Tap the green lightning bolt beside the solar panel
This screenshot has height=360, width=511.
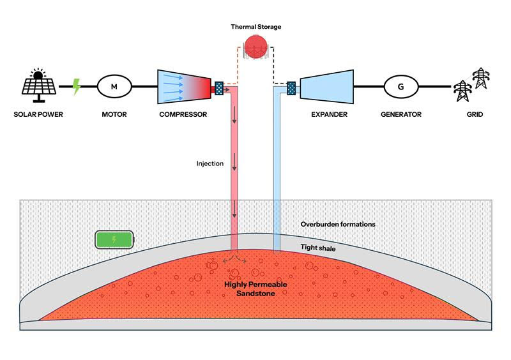click(77, 86)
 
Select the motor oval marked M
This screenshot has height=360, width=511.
click(115, 86)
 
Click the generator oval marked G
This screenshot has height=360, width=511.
click(401, 86)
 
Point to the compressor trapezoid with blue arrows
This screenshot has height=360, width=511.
click(183, 86)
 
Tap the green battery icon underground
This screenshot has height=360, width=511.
click(115, 240)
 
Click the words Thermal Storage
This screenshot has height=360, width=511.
click(256, 27)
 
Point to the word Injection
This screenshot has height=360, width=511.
click(210, 164)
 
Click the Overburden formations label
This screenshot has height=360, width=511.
click(338, 225)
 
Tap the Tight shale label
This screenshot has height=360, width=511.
click(317, 246)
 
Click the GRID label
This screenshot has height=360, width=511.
click(474, 115)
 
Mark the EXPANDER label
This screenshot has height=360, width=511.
click(329, 115)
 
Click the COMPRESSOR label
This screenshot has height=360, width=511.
click(183, 115)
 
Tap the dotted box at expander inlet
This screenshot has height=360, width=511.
click(291, 87)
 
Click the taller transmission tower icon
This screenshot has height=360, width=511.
click(480, 79)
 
